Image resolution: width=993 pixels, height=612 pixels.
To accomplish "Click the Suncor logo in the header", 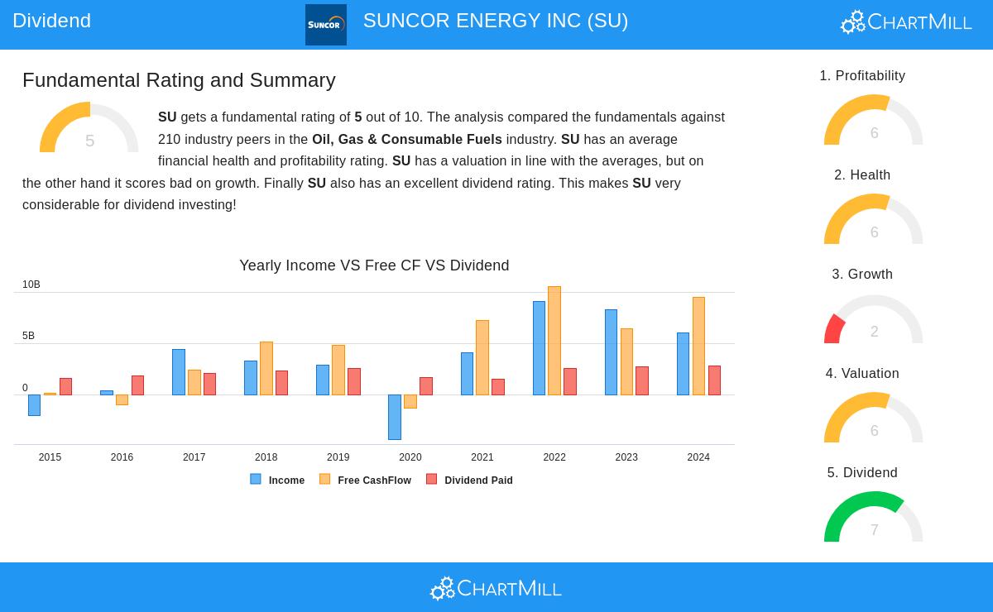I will [x=325, y=25].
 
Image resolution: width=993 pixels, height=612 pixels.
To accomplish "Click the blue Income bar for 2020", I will [x=395, y=417].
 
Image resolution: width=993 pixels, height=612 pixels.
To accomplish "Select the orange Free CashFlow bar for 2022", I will [x=554, y=341].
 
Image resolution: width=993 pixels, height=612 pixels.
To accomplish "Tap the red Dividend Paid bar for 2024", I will [x=714, y=380].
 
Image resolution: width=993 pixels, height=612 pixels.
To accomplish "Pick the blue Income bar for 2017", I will [x=179, y=372].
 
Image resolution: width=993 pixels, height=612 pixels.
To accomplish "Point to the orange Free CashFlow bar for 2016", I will [x=122, y=399].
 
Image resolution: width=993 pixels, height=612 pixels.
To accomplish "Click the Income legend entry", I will [x=278, y=480].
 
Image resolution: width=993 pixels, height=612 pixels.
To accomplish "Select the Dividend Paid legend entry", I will [x=470, y=480].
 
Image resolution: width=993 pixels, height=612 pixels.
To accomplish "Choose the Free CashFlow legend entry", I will [x=366, y=480].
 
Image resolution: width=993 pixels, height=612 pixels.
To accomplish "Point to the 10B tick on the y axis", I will [x=31, y=284].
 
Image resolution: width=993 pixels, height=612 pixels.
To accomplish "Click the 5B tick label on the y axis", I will [x=29, y=336].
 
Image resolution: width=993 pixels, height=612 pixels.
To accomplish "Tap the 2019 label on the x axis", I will [x=338, y=457].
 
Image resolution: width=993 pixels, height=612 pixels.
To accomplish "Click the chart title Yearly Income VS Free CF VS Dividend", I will [x=374, y=265].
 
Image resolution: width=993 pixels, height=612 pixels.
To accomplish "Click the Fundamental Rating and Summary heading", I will [x=179, y=80].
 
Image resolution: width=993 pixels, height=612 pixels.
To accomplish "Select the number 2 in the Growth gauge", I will [x=874, y=332].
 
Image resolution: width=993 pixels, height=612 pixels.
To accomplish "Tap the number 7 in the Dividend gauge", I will [x=874, y=530].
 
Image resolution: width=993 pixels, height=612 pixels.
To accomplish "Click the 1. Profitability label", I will [x=862, y=76].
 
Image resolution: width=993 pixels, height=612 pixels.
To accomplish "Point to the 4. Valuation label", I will [x=862, y=374].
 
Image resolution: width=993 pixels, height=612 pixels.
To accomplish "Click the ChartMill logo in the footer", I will [x=496, y=588].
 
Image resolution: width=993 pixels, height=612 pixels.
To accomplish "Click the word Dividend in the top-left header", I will [x=51, y=21].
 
